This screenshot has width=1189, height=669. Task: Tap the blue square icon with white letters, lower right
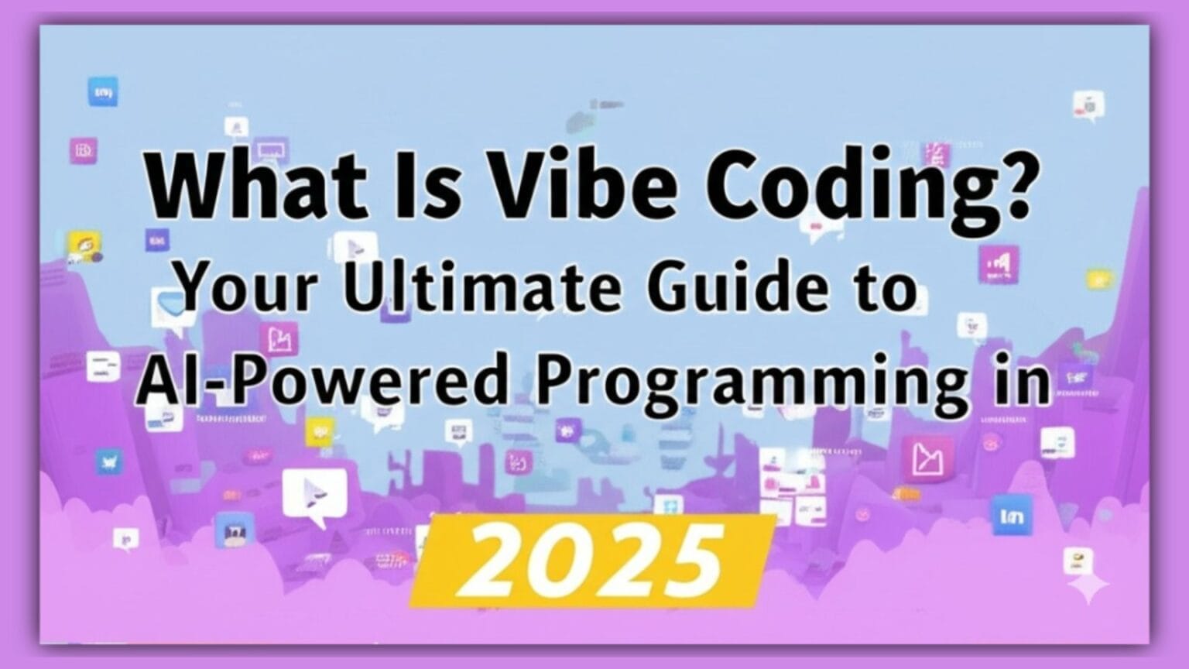1011,515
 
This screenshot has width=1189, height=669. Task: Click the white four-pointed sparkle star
1088,589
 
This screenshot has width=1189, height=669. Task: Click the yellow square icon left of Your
84,246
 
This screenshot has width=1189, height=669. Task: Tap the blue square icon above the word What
103,92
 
